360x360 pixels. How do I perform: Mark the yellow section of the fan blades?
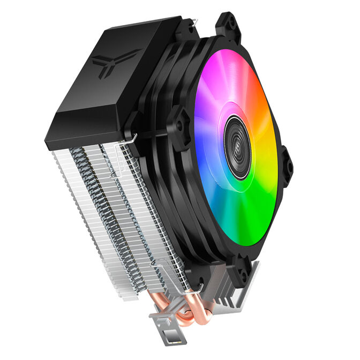(271, 161)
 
